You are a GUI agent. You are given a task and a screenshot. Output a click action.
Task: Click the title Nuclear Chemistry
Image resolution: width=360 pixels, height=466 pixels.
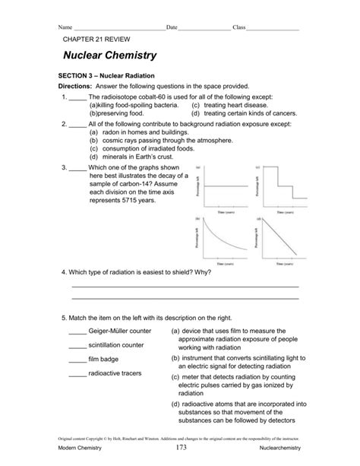(110, 55)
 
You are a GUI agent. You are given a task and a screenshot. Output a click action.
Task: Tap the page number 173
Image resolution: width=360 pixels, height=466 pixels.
(179, 451)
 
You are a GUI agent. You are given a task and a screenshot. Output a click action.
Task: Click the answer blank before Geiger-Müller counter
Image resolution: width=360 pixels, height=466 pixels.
(77, 332)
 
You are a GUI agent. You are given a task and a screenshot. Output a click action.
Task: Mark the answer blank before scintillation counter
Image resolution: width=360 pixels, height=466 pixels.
(77, 345)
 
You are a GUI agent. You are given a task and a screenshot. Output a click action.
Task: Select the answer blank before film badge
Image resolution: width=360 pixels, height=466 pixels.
(77, 359)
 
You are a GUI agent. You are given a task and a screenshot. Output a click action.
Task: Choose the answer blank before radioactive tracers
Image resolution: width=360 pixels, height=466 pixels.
(77, 374)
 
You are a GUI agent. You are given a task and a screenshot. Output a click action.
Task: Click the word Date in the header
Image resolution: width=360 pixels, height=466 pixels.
(172, 27)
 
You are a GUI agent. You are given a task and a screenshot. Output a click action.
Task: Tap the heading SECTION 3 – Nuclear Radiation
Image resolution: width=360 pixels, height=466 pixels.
(106, 77)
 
